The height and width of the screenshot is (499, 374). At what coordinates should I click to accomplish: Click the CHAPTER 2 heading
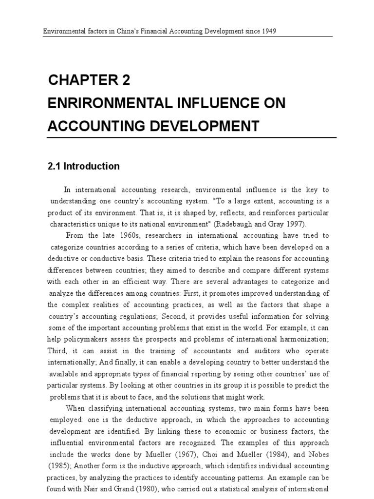pos(90,81)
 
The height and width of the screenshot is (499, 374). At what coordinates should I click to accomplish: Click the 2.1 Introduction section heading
pos(84,166)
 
